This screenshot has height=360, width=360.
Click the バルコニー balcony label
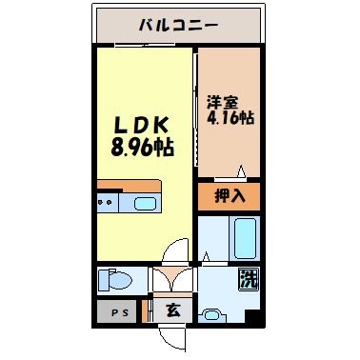pos(179,23)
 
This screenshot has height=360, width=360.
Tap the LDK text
pos(142,125)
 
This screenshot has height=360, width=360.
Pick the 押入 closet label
pos(229,197)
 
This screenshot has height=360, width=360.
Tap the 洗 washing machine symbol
pos(247,281)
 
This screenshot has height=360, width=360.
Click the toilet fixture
pos(115,281)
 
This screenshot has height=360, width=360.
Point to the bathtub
pos(244,237)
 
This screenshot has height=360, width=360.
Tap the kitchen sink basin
pos(145,203)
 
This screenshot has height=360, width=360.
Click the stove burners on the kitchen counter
pos(108,203)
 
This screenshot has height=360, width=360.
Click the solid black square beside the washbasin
pos(250,316)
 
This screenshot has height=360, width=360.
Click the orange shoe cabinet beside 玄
pos(148,310)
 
